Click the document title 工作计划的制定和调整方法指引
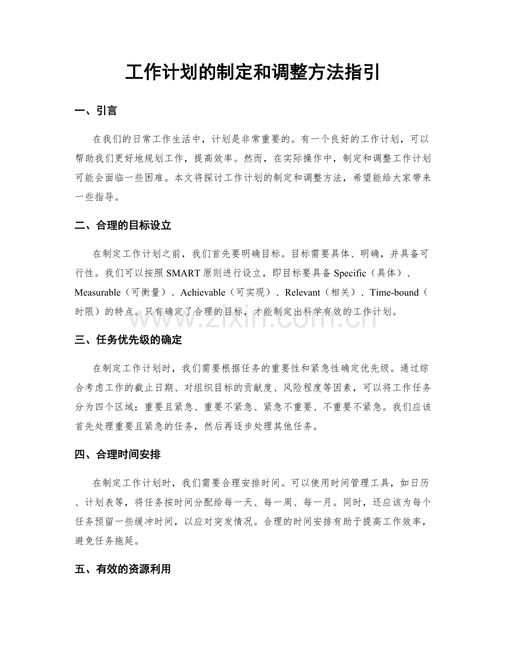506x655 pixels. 252,72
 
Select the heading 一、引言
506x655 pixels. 96,111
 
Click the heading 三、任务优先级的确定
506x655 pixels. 128,340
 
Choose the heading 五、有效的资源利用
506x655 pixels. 123,569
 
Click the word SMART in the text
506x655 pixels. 182,273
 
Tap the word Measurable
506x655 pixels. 97,293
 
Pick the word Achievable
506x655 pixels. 202,293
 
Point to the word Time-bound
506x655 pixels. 394,293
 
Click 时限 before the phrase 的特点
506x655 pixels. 86,311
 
